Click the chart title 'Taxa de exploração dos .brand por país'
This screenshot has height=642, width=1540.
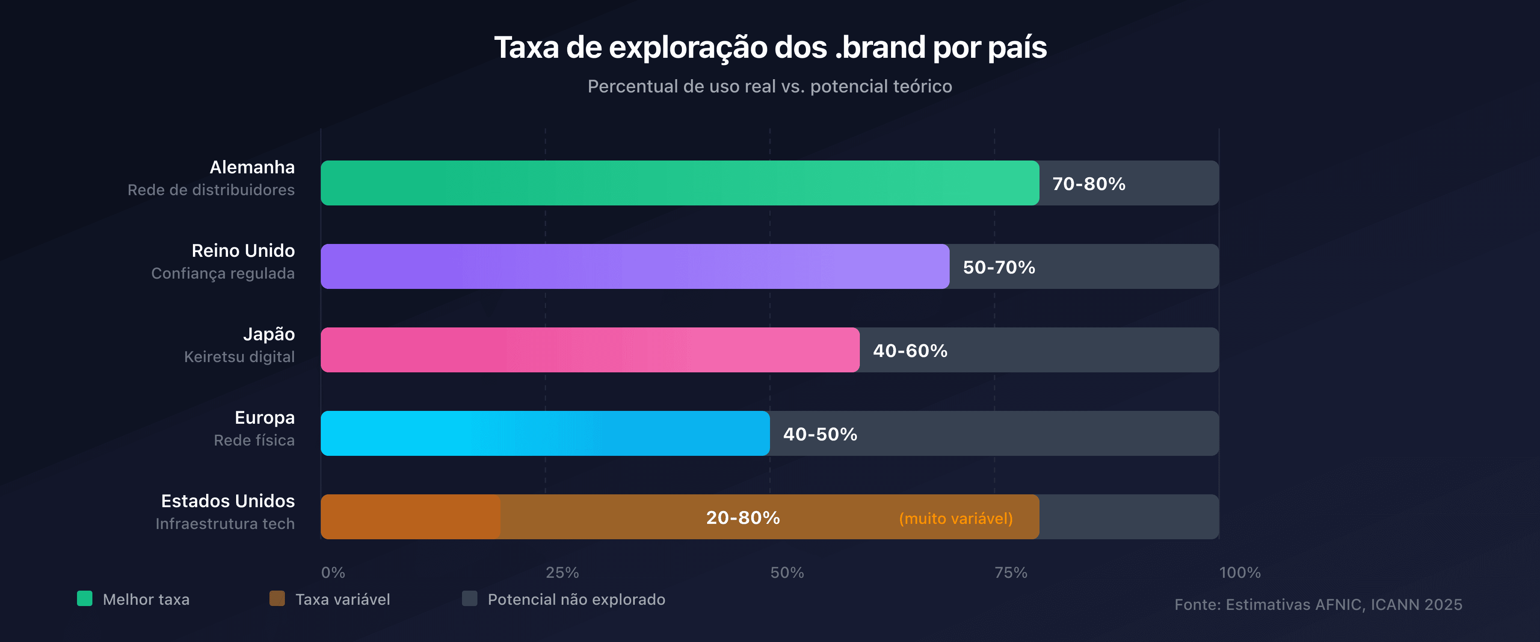point(770,47)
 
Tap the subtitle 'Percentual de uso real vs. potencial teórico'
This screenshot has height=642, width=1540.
point(770,86)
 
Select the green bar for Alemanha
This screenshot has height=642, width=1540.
point(680,183)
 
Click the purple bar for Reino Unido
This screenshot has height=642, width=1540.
point(635,266)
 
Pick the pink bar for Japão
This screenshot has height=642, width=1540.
point(590,350)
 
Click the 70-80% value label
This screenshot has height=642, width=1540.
point(1089,184)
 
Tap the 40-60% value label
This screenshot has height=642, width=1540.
point(910,351)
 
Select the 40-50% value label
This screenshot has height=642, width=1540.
point(820,434)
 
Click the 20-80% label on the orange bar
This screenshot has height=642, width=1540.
point(743,517)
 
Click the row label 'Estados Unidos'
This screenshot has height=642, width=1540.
point(228,501)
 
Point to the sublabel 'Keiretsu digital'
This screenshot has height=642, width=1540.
point(239,357)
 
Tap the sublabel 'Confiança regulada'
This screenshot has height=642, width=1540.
point(223,273)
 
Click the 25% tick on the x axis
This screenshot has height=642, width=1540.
point(562,573)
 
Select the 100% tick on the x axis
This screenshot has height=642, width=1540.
point(1240,573)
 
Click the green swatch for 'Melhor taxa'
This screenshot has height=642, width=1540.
point(85,598)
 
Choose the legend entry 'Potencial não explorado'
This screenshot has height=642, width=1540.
point(576,600)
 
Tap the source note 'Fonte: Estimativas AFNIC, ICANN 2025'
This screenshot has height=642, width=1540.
point(1318,604)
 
